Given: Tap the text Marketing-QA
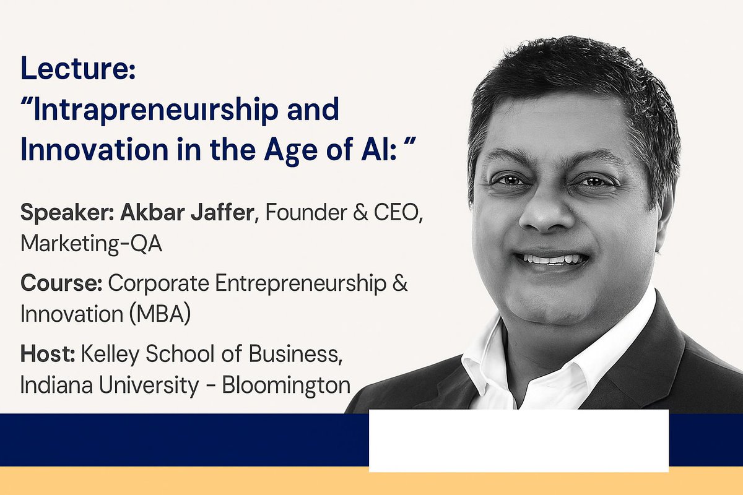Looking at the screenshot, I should (91, 244).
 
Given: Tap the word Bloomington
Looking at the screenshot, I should (286, 385).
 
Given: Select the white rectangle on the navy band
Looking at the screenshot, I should (518, 440).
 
